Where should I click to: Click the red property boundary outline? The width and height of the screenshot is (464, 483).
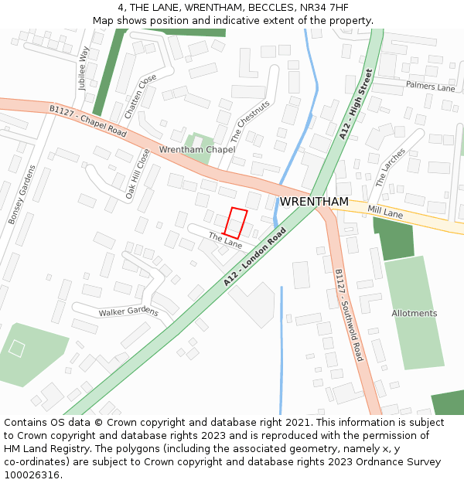click(237, 223)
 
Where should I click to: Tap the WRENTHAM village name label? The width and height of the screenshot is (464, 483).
click(314, 202)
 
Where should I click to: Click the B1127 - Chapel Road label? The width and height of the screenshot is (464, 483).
click(87, 121)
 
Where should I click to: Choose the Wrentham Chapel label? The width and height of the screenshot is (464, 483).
click(197, 149)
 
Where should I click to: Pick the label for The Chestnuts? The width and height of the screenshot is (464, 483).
click(251, 121)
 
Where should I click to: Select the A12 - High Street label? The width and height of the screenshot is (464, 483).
click(356, 104)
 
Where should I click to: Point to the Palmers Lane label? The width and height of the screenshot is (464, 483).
click(430, 87)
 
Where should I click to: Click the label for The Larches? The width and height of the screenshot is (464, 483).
click(390, 168)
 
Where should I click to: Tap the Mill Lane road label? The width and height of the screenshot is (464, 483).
click(385, 211)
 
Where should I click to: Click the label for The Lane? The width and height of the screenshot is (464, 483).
click(225, 241)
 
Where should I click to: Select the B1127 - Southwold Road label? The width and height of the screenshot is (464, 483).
click(349, 315)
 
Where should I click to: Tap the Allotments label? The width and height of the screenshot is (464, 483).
click(414, 313)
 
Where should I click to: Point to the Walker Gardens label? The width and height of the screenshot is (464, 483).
click(128, 312)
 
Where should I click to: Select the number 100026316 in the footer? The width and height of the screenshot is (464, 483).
click(32, 475)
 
